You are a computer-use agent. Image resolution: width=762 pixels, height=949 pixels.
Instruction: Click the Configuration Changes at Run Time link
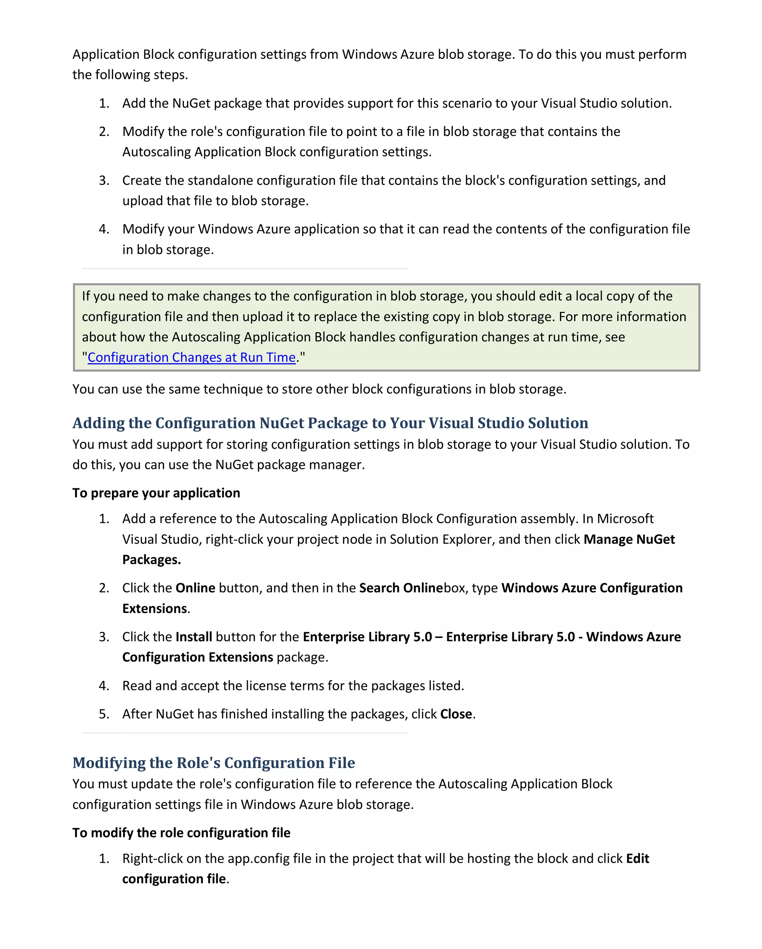coord(191,357)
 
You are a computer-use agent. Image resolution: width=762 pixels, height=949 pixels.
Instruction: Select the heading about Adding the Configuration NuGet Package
coord(330,423)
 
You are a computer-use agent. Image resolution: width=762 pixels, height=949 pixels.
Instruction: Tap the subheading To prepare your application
coord(156,493)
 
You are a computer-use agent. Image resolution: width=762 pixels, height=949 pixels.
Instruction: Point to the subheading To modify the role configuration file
coord(181,833)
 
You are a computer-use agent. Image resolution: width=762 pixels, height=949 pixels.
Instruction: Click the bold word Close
coord(456,714)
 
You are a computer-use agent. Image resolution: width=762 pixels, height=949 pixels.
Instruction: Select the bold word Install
coord(193,637)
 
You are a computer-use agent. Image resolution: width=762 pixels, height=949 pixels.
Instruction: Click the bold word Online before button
coord(195,588)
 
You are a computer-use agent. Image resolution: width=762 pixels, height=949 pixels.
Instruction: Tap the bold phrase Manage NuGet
coord(629,539)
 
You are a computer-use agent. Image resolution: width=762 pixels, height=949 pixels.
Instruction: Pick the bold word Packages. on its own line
coord(151,560)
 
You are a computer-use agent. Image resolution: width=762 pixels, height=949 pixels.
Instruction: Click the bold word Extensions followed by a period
coord(155,609)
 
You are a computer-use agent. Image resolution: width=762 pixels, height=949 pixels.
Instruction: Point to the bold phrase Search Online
coord(401,588)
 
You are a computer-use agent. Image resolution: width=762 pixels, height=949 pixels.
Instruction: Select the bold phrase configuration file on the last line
coord(174,879)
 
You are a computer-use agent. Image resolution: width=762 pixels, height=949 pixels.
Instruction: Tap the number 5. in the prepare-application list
coord(104,714)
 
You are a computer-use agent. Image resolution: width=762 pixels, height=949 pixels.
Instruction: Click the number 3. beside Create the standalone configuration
coord(104,180)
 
